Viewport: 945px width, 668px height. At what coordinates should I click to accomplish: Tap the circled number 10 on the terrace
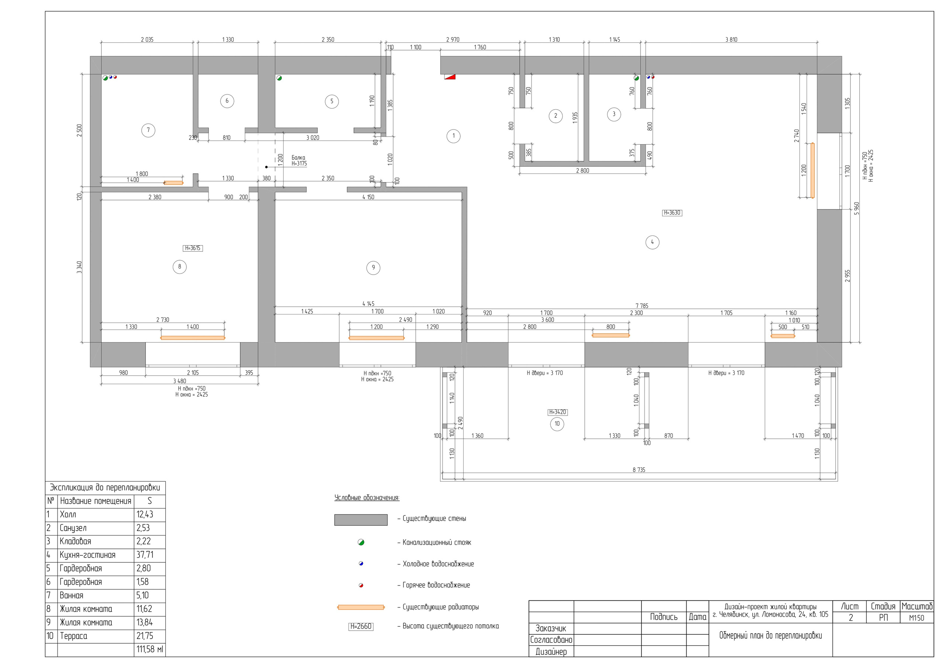pyautogui.click(x=557, y=424)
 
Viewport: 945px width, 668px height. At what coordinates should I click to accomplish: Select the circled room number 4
pyautogui.click(x=652, y=242)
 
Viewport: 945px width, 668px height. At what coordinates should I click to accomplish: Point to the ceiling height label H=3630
pyautogui.click(x=672, y=213)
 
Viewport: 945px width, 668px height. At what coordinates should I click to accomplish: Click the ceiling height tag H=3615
pyautogui.click(x=193, y=248)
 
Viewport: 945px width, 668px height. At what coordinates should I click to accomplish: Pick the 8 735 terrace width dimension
pyautogui.click(x=638, y=469)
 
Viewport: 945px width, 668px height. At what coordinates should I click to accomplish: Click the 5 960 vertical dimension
pyautogui.click(x=856, y=208)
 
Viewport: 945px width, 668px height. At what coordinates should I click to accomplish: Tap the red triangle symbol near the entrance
pyautogui.click(x=450, y=76)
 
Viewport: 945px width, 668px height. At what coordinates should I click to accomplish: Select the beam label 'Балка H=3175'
pyautogui.click(x=299, y=161)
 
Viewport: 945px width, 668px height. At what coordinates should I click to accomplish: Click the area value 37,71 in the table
pyautogui.click(x=145, y=555)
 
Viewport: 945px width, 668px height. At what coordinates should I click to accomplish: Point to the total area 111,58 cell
pyautogui.click(x=150, y=650)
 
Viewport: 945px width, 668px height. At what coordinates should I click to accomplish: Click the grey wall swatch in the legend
pyautogui.click(x=361, y=520)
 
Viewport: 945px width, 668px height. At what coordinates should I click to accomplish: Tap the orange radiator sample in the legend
pyautogui.click(x=361, y=607)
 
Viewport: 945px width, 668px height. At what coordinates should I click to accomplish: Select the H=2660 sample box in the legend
pyautogui.click(x=361, y=626)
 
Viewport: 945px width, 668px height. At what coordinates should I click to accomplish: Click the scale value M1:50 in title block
pyautogui.click(x=917, y=618)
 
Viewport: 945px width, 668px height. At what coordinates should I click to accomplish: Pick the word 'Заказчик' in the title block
pyautogui.click(x=551, y=629)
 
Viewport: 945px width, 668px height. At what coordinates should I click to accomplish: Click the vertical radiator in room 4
pyautogui.click(x=812, y=171)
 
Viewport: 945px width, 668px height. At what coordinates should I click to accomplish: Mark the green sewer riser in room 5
pyautogui.click(x=279, y=78)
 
